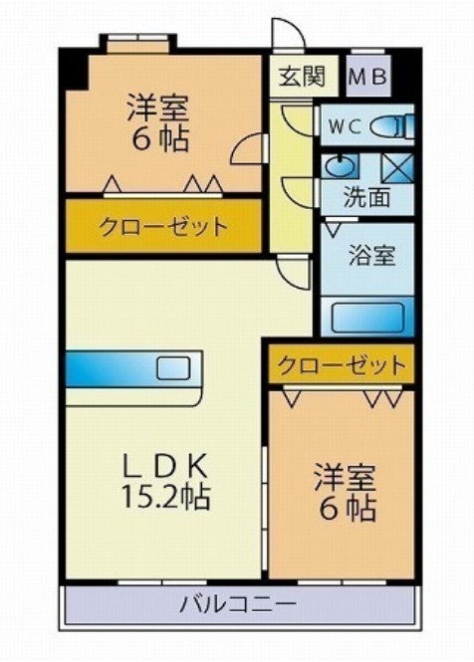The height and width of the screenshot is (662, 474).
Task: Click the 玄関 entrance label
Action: [x=294, y=75]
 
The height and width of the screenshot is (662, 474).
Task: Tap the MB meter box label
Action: [x=368, y=76]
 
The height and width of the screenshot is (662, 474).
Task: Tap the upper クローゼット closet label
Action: [x=162, y=226]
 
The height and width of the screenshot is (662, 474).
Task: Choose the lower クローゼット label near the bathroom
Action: [x=341, y=364]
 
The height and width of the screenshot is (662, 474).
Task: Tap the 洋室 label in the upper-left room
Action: [x=159, y=106]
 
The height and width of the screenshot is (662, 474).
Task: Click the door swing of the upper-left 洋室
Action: [x=247, y=149]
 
